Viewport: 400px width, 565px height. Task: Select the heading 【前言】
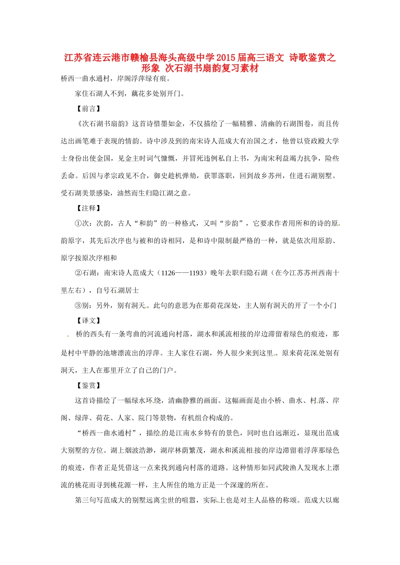click(x=88, y=109)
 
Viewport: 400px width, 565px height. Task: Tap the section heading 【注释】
click(x=88, y=209)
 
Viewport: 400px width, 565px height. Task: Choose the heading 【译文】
click(x=88, y=321)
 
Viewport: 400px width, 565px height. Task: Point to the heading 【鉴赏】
click(x=88, y=385)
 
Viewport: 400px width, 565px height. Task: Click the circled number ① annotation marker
click(x=78, y=224)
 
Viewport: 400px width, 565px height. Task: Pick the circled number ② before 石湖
click(x=78, y=273)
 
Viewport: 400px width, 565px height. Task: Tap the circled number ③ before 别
click(x=78, y=306)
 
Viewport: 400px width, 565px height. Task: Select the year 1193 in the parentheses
click(x=196, y=273)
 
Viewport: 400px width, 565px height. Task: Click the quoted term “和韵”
click(x=145, y=224)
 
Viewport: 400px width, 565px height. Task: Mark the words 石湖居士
click(x=125, y=290)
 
